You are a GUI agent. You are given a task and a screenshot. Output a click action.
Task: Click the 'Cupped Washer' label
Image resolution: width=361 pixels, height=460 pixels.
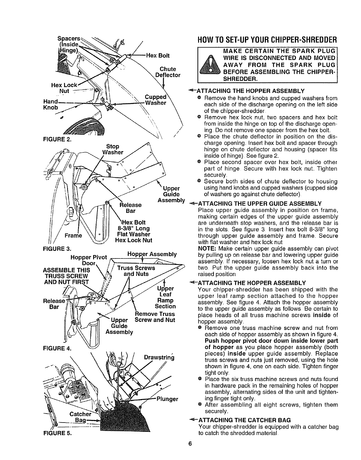(156, 100)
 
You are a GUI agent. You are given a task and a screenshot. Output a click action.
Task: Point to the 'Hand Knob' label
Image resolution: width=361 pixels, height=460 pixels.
(50, 105)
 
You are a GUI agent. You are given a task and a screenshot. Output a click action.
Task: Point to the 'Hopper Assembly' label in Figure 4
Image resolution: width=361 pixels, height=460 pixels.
(152, 254)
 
